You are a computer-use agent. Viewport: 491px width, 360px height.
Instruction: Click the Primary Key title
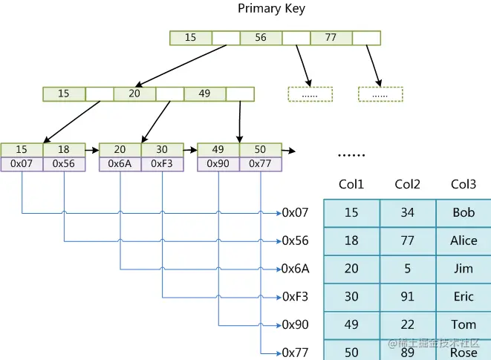[x=271, y=9]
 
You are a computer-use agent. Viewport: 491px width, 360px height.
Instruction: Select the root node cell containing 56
[x=261, y=37]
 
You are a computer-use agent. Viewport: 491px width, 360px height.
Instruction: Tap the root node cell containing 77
[x=331, y=37]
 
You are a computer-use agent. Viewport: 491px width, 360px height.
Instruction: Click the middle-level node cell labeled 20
[x=134, y=94]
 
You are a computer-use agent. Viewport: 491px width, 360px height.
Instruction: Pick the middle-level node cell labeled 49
[x=205, y=94]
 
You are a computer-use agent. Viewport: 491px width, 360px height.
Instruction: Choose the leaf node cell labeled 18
[x=64, y=150]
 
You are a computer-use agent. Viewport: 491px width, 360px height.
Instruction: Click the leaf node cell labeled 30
[x=162, y=150]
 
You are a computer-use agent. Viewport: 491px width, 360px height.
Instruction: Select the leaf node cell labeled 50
[x=260, y=150]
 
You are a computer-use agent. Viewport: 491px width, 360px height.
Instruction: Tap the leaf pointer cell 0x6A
[x=120, y=163]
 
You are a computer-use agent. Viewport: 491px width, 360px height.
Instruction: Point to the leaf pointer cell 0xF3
[x=162, y=163]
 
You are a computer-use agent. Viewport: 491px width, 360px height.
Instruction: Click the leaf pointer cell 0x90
[x=218, y=163]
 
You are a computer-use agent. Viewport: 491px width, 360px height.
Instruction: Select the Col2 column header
[x=408, y=184]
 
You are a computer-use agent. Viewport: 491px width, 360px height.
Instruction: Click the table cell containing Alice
[x=464, y=240]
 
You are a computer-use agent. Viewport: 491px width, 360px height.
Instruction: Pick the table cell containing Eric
[x=464, y=297]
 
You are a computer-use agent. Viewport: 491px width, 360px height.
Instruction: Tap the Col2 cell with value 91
[x=408, y=297]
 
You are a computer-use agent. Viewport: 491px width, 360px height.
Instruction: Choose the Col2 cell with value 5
[x=408, y=269]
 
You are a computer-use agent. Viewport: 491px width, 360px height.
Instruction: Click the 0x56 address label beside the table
[x=295, y=240]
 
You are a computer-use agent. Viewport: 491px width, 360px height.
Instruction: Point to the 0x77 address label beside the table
[x=295, y=353]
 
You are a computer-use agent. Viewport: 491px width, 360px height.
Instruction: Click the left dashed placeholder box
[x=310, y=94]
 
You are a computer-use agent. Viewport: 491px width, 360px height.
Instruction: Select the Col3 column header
[x=464, y=184]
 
